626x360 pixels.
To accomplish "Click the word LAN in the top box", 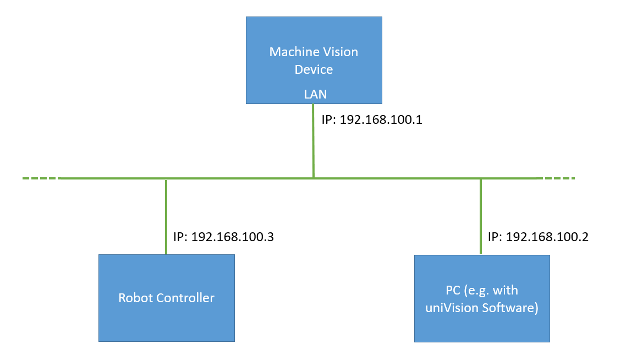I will click(315, 95).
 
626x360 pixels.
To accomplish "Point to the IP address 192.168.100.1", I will click(381, 120).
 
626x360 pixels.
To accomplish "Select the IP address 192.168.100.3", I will click(232, 237).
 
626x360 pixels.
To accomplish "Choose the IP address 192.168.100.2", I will click(547, 237).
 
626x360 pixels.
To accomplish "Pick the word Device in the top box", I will click(314, 70).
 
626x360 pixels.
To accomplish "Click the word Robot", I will click(133, 298).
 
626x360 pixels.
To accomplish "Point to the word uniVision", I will click(448, 308).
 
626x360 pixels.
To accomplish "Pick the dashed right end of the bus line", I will click(558, 178).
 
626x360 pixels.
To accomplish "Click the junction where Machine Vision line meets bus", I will click(313, 178).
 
